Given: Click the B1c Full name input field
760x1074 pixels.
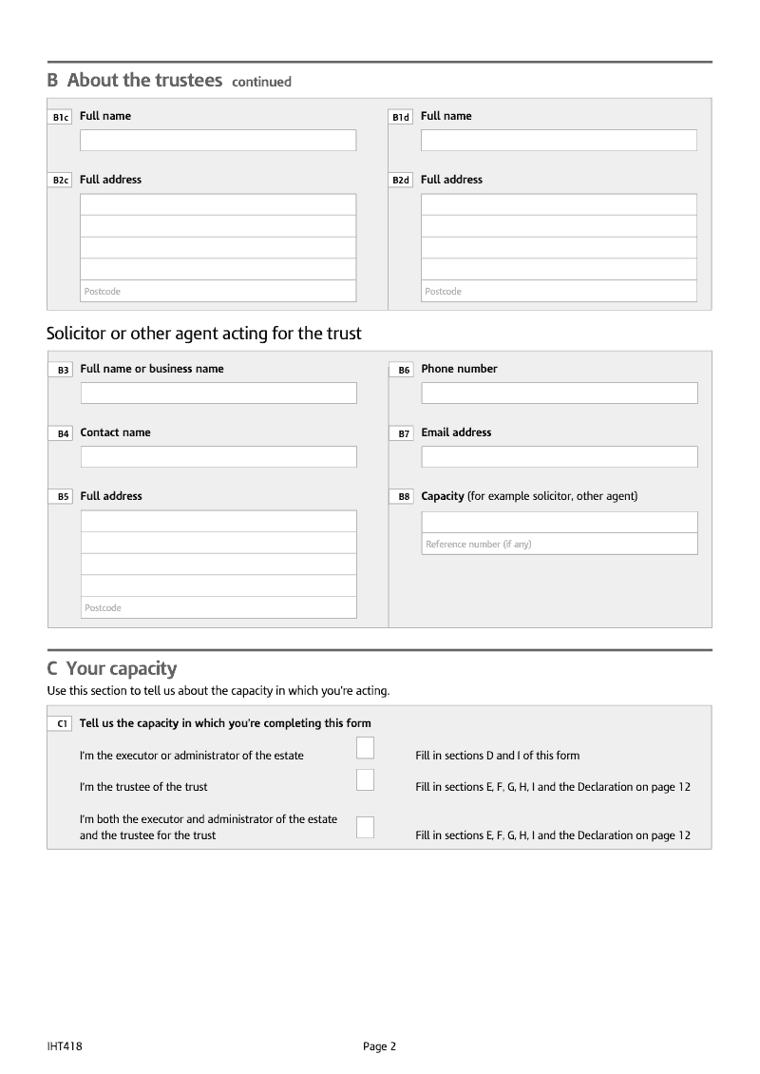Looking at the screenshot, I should [218, 141].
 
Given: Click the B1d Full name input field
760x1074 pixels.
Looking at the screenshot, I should [559, 141].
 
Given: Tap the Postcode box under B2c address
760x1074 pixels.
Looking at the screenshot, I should [218, 291].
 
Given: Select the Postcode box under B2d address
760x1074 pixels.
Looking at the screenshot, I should [559, 291].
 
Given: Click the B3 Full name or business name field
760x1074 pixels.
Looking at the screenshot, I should [218, 393].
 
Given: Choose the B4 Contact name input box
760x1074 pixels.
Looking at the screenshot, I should [218, 457].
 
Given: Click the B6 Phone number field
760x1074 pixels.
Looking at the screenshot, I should [560, 393].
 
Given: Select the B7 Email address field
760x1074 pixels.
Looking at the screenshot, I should [560, 457].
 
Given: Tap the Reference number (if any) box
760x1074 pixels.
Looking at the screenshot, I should [560, 544].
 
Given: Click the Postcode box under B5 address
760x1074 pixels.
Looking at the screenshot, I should [218, 607].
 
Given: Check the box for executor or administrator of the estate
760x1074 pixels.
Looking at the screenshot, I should [365, 748].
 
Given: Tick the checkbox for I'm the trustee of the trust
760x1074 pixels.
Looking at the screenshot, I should [365, 780].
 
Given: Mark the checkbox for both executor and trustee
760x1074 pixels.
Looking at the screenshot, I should [365, 827].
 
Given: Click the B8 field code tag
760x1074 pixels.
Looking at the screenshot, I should [403, 497].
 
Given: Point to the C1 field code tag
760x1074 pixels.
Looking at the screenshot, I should [61, 724].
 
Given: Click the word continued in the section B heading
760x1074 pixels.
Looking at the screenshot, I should [261, 82].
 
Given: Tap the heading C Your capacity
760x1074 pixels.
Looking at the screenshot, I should [112, 668].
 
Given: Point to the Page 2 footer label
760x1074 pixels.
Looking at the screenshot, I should [379, 1046].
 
